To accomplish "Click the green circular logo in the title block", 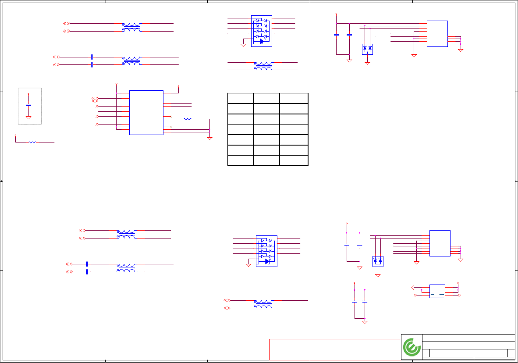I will point(412,348).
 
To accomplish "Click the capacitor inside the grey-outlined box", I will point(28,105).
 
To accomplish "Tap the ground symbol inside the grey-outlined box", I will point(28,117).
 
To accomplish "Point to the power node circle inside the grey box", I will point(28,94).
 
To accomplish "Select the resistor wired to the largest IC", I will point(188,119).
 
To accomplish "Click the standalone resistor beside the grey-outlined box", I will point(32,142).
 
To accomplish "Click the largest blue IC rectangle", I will point(146,113).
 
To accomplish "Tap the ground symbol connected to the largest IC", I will point(209,138).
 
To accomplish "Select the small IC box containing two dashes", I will point(437,292).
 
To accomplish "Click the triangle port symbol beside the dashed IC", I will point(413,287).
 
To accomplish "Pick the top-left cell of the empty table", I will point(241,98).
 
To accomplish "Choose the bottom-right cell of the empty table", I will point(294,160).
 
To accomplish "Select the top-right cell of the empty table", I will point(294,98).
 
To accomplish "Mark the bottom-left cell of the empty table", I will point(241,160).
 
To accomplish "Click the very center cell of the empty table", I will point(267,129).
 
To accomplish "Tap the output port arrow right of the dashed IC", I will point(459,295).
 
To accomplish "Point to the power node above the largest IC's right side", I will point(179,86).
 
